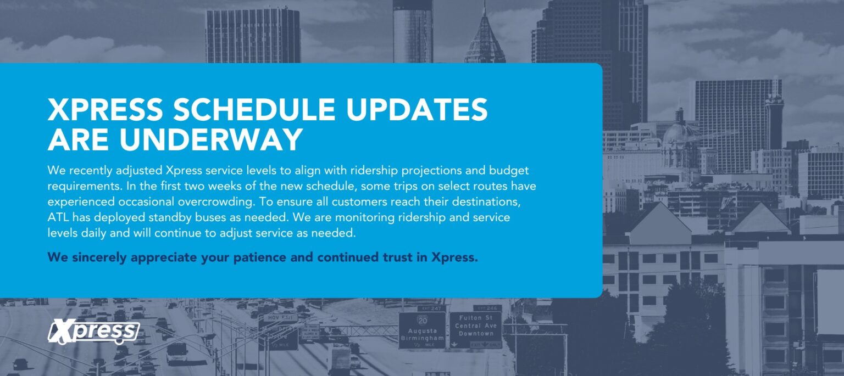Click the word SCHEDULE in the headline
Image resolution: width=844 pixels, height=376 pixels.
click(x=254, y=110)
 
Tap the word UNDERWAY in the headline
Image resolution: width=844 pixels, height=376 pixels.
click(x=212, y=139)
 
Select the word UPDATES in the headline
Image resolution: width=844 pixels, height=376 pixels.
click(x=417, y=110)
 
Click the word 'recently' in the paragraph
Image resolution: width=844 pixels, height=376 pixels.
click(x=91, y=171)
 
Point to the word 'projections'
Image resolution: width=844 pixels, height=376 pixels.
click(x=431, y=171)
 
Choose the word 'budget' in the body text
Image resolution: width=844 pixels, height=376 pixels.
click(x=509, y=171)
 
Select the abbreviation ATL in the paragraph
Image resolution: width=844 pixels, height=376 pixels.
click(x=58, y=217)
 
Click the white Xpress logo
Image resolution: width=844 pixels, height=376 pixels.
click(x=93, y=332)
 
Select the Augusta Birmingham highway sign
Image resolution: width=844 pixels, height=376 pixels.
click(x=422, y=330)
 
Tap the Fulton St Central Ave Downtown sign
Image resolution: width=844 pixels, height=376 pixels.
click(x=475, y=330)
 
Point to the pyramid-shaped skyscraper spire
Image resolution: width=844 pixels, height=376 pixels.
click(x=485, y=36)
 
